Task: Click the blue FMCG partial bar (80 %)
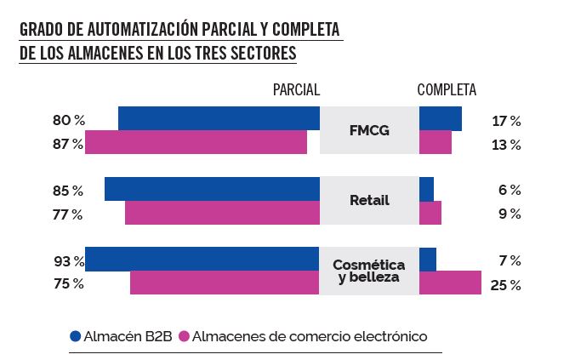[x=219, y=118]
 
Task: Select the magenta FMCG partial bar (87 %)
[x=196, y=142]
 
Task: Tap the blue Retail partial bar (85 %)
[x=212, y=189]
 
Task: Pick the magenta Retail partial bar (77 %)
[x=222, y=213]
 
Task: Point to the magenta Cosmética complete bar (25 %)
[x=450, y=283]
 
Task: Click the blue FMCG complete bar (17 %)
[x=441, y=118]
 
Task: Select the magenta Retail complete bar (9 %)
[x=430, y=213]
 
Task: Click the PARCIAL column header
[x=295, y=89]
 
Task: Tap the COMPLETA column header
[x=447, y=89]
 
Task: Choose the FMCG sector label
[x=369, y=130]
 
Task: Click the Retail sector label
[x=369, y=201]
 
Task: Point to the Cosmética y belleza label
[x=369, y=271]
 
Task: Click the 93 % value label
[x=69, y=260]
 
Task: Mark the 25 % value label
[x=505, y=285]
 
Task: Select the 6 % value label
[x=509, y=190]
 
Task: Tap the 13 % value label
[x=506, y=145]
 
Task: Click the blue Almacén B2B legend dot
[x=75, y=336]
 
